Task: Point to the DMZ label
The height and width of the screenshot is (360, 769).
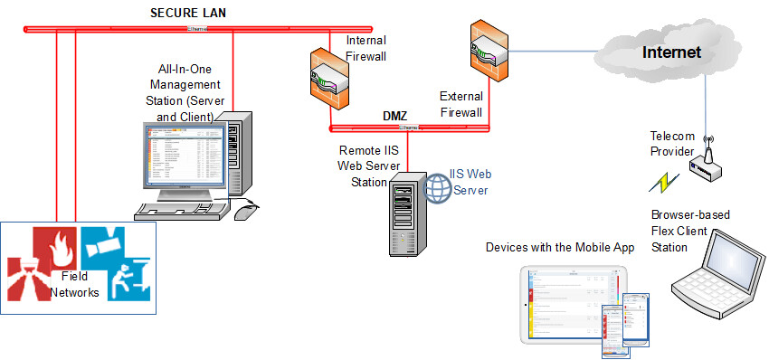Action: coord(395,117)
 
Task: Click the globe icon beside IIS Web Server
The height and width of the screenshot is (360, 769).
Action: coord(439,188)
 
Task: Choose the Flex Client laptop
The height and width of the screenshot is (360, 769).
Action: coord(714,270)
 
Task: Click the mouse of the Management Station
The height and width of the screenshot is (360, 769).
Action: coord(247,212)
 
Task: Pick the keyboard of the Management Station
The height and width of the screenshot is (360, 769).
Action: coord(181,210)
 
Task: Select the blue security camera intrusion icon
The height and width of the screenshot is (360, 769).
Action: coord(119,262)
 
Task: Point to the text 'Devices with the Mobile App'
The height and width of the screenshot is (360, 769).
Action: coord(560,247)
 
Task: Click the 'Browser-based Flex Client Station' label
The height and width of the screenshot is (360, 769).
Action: coord(690,230)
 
